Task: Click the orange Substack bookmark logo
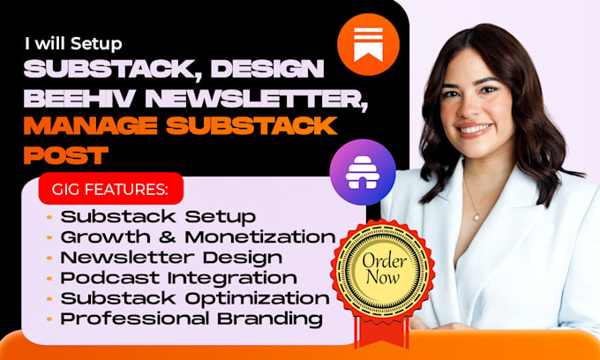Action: coord(368,44)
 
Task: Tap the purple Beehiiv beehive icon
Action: coord(363,172)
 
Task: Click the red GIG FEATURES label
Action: coord(111,189)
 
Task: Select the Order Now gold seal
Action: coord(383,269)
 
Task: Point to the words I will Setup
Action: coord(73,43)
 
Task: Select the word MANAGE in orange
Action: coord(91,126)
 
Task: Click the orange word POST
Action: coord(66,154)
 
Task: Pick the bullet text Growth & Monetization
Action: coord(199,237)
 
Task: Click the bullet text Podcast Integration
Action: coord(179,278)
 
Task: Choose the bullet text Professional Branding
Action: coord(191,319)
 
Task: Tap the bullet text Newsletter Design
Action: coord(171,258)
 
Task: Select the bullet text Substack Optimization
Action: coord(195,298)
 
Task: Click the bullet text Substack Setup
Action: coord(158,217)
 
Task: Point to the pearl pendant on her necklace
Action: coord(476,217)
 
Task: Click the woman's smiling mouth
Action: coord(475,130)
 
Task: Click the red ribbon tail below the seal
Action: coord(381,332)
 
